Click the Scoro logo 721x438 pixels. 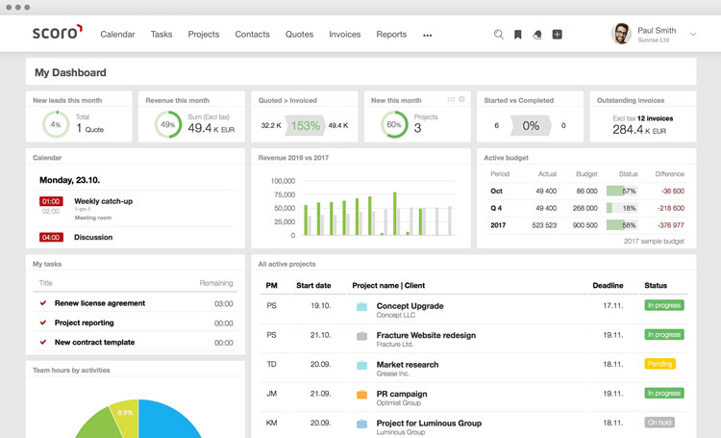click(57, 34)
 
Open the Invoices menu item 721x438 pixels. click(345, 35)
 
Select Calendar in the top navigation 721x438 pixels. click(117, 35)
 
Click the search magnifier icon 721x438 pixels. click(498, 35)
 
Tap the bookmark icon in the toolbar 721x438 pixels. click(517, 35)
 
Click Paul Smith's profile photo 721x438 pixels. click(621, 35)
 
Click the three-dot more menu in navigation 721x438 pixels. click(427, 36)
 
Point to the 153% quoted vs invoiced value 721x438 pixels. click(306, 125)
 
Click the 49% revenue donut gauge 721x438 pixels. click(168, 124)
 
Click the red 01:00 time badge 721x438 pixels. click(51, 201)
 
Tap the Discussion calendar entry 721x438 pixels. click(93, 238)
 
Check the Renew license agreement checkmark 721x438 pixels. click(43, 303)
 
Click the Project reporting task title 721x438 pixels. click(84, 322)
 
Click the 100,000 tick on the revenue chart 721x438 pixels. click(283, 181)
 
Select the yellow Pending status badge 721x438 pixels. click(659, 364)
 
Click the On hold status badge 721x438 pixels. click(659, 423)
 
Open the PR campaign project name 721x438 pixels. click(402, 394)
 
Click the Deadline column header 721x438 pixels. click(608, 286)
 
